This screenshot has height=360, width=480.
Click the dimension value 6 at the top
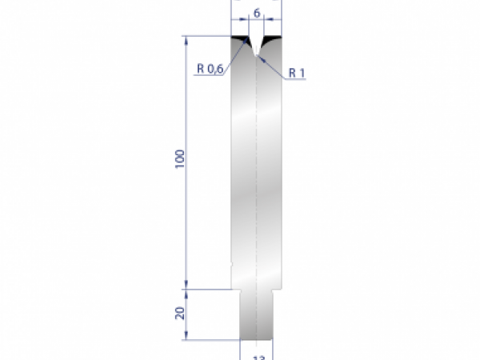(x=257, y=13)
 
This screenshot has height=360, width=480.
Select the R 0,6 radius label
(x=210, y=69)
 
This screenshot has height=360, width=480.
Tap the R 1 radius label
(x=298, y=73)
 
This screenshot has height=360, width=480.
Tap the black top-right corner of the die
(x=274, y=38)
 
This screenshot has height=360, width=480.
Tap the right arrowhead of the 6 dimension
(x=279, y=21)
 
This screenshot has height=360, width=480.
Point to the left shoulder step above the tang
(x=236, y=289)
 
